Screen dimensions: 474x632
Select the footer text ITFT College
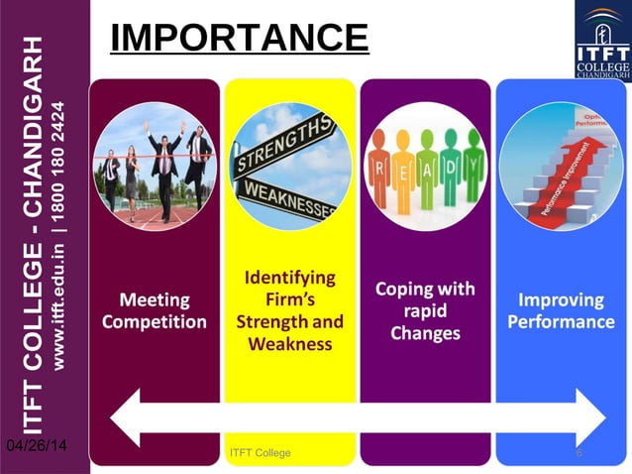click(260, 453)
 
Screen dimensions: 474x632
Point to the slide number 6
click(579, 453)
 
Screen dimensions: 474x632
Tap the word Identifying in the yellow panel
click(290, 278)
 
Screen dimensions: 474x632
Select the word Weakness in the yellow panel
click(290, 344)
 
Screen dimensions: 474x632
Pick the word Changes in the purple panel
click(425, 333)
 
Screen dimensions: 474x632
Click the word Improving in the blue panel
click(562, 299)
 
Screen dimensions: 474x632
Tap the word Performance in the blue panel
click(562, 322)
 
